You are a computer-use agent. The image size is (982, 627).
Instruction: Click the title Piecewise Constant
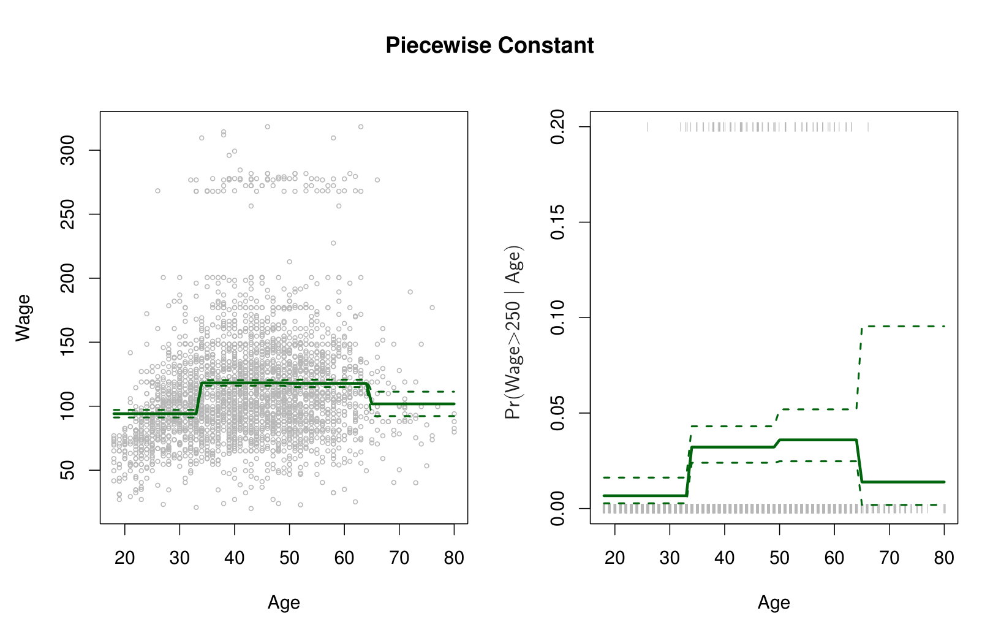(489, 45)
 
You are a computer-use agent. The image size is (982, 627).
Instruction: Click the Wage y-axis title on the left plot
(23, 317)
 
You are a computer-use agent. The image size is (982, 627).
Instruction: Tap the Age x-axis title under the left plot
(284, 602)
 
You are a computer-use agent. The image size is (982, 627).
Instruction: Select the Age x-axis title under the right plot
(774, 602)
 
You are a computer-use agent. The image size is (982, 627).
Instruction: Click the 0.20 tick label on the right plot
(557, 127)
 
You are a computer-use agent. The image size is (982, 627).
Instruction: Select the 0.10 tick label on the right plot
(557, 317)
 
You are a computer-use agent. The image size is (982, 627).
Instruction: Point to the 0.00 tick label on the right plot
(557, 508)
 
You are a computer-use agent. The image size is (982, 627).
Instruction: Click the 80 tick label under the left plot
(454, 558)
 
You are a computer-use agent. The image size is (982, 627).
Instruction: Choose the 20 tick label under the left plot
(125, 558)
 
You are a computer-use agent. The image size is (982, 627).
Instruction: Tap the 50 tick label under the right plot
(779, 558)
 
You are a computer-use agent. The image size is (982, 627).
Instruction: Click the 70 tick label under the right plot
(889, 558)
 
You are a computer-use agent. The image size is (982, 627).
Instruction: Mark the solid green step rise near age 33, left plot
(198, 398)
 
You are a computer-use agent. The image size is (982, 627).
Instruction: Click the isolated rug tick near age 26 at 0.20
(648, 127)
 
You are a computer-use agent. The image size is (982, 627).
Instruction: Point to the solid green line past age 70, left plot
(423, 404)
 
